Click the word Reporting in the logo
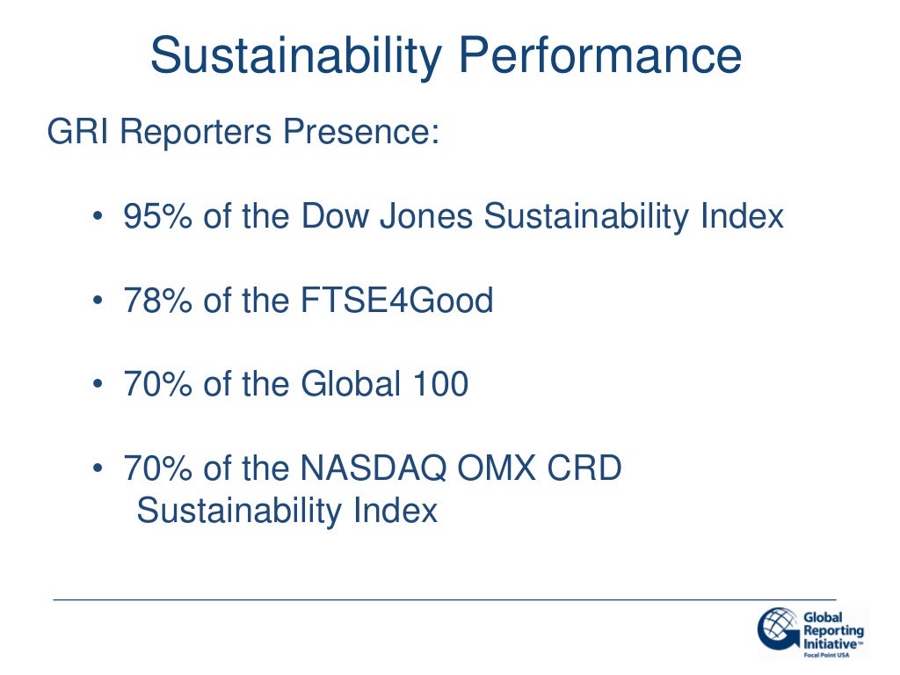point(833,630)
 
